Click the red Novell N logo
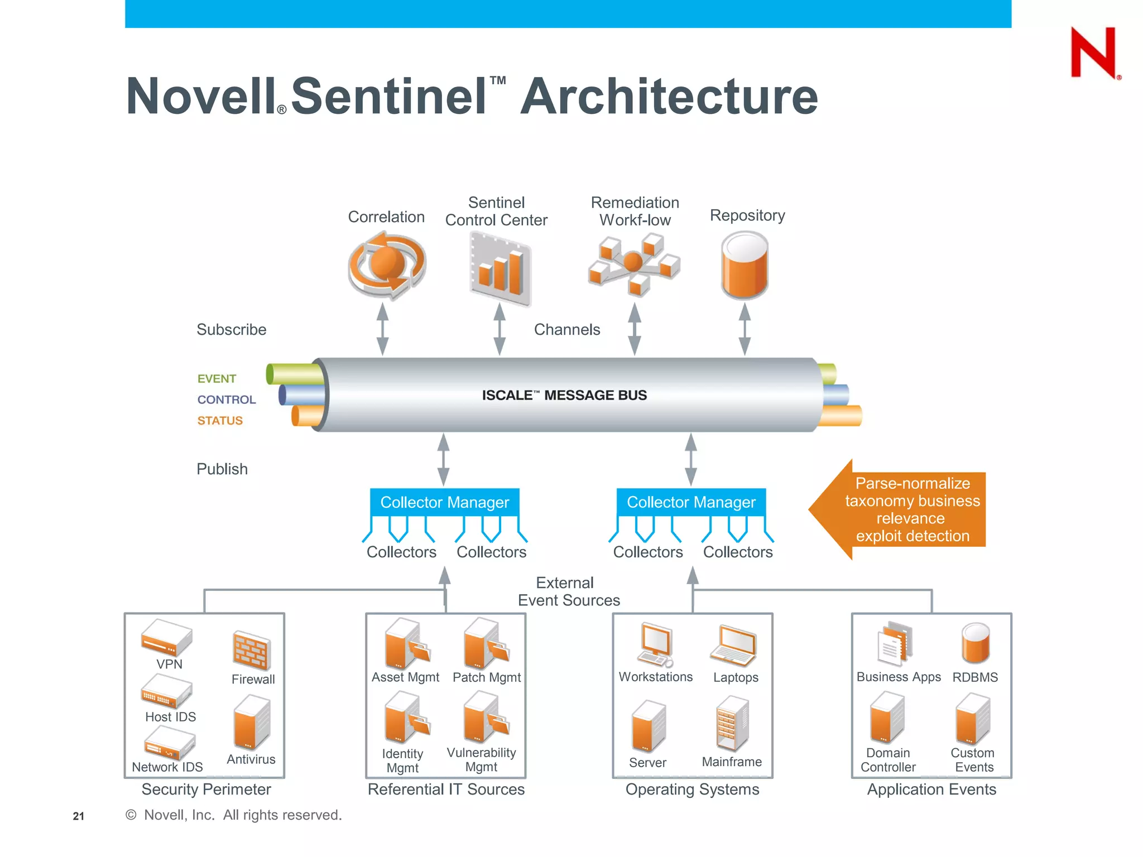tap(1094, 52)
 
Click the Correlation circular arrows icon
tap(387, 266)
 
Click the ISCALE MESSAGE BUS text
tap(564, 395)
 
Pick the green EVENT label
tap(217, 379)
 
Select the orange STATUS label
tap(220, 421)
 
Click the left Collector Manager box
tap(444, 502)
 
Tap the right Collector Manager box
tap(691, 502)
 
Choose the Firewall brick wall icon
tap(252, 651)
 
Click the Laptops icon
tap(734, 646)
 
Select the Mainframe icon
tap(732, 723)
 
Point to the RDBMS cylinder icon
tap(975, 644)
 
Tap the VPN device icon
tap(166, 637)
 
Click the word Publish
tap(222, 469)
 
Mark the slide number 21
tap(79, 816)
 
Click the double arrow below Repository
tap(745, 329)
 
